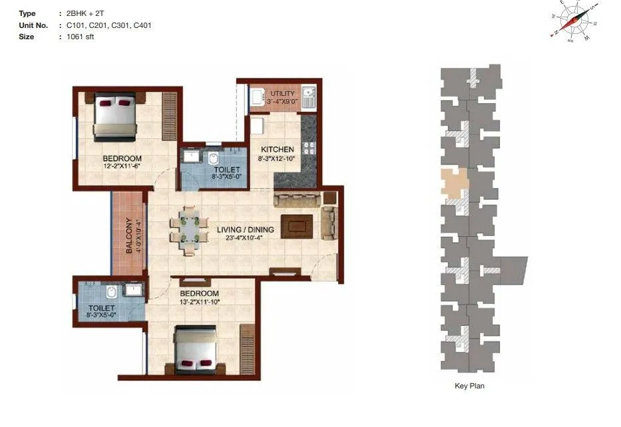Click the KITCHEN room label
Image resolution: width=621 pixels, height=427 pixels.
click(x=273, y=149)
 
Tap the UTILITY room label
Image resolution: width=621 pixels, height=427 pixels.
click(x=282, y=94)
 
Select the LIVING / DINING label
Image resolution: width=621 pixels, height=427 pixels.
click(x=240, y=230)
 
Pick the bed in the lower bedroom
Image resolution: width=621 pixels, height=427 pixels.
click(x=196, y=349)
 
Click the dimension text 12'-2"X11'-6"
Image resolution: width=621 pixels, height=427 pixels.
click(x=122, y=166)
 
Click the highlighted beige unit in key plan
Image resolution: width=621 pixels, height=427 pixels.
click(x=455, y=183)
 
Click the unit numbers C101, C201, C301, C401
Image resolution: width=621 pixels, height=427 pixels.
click(x=109, y=25)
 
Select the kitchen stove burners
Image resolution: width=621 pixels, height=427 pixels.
click(x=308, y=148)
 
